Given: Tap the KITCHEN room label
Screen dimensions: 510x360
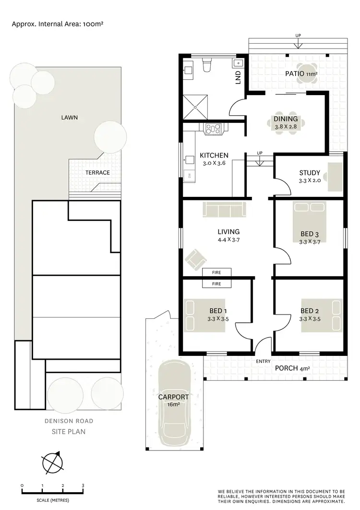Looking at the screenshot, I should pyautogui.click(x=214, y=156).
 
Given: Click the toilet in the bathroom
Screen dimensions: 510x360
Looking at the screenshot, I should pyautogui.click(x=207, y=64).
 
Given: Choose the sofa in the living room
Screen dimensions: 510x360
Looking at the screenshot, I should pyautogui.click(x=224, y=209).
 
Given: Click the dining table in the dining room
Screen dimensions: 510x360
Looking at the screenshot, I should pyautogui.click(x=286, y=123).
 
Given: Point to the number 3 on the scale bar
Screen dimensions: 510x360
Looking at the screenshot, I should pyautogui.click(x=83, y=486).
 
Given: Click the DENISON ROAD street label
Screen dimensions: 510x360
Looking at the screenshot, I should pyautogui.click(x=69, y=421).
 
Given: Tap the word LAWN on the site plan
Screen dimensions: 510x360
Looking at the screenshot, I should pyautogui.click(x=69, y=117).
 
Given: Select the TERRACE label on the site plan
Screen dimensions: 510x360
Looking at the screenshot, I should pyautogui.click(x=97, y=172).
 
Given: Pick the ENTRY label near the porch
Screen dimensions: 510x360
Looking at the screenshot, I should pyautogui.click(x=264, y=361).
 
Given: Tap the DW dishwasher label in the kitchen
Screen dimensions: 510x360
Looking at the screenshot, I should pyautogui.click(x=190, y=176).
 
